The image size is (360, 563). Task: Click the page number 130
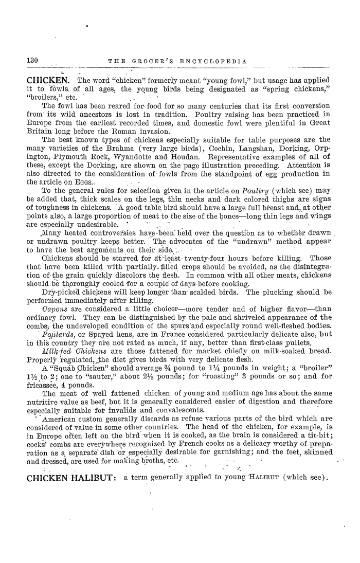(34, 61)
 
